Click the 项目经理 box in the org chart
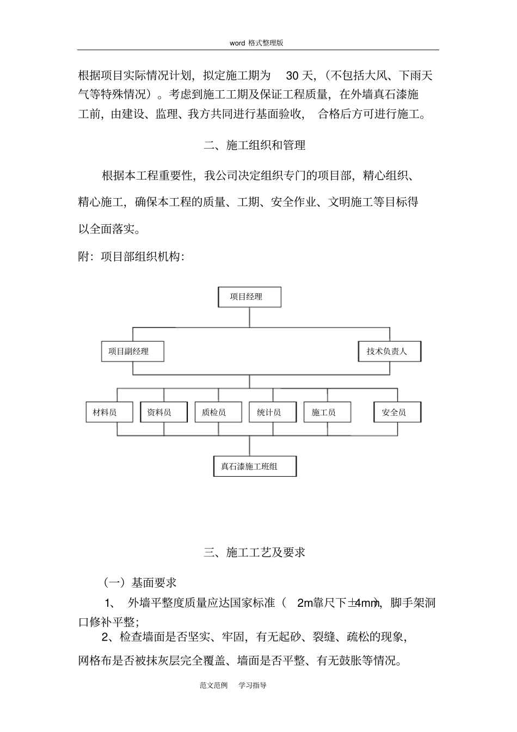tap(249, 297)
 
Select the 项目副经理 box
tap(132, 352)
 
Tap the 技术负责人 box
tap(389, 352)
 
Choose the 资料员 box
tap(164, 413)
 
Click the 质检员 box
tap(218, 413)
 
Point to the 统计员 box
tap(273, 413)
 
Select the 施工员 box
tap(327, 413)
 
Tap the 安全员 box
tap(397, 413)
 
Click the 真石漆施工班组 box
tap(255, 466)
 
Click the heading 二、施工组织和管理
tap(255, 145)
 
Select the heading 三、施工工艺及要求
tap(255, 552)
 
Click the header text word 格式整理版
tap(256, 43)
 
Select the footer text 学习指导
tap(253, 685)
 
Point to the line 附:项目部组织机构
tap(132, 256)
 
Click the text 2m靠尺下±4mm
tap(338, 603)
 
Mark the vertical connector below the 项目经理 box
tap(249, 317)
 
